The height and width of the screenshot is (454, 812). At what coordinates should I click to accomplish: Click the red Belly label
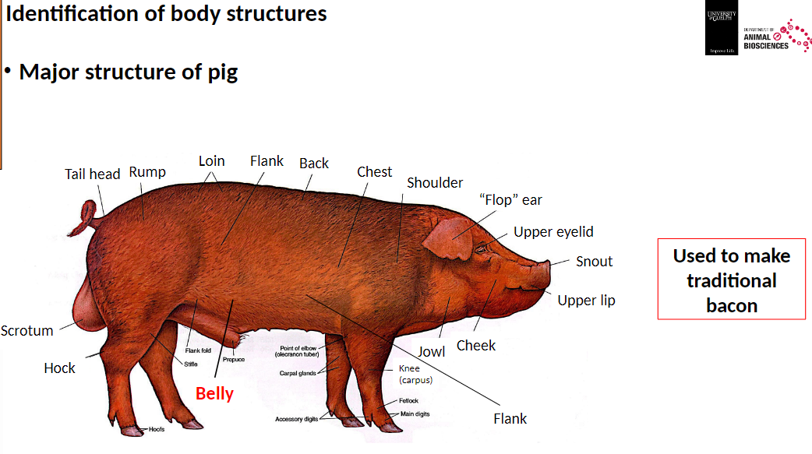[214, 393]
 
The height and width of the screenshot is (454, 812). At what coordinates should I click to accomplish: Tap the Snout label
[594, 262]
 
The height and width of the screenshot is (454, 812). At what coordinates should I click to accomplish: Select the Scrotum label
[27, 330]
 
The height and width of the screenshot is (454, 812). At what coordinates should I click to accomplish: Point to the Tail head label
[92, 174]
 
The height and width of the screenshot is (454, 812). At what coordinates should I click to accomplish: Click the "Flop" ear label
[510, 200]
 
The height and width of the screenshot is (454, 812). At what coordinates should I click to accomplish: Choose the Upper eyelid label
[553, 232]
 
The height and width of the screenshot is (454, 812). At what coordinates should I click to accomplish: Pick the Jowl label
[431, 351]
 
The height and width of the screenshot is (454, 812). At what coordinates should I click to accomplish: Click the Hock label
[59, 368]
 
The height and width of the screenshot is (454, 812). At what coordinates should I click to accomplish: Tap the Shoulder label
[435, 183]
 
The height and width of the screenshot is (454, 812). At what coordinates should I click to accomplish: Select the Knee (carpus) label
[415, 374]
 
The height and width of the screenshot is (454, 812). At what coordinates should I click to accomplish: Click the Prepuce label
[233, 359]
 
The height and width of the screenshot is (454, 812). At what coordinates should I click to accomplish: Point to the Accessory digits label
[296, 419]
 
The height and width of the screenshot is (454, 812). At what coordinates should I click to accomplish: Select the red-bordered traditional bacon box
[731, 280]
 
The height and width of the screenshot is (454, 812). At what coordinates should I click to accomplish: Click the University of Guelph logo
[720, 31]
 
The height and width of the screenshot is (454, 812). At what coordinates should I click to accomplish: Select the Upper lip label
[586, 300]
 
